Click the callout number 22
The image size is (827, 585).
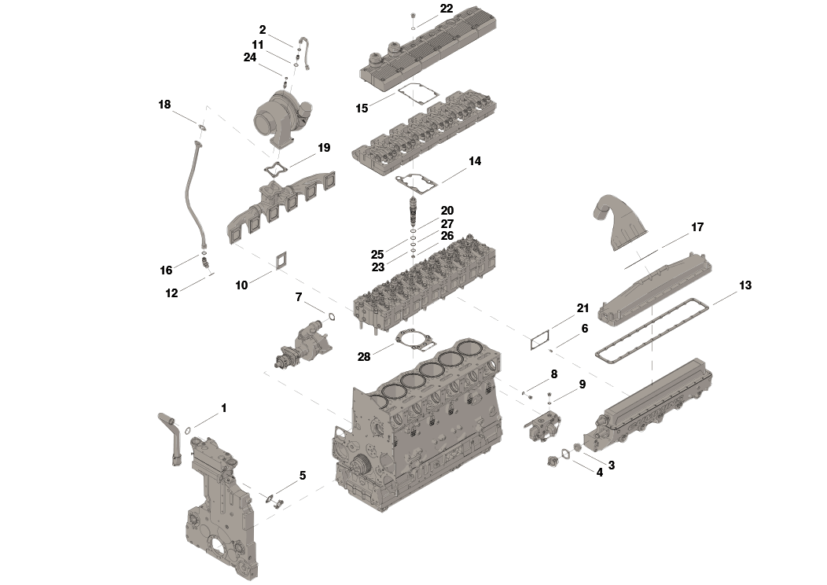(x=447, y=9)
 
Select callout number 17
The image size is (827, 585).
(x=697, y=227)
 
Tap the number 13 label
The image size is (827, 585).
(x=744, y=285)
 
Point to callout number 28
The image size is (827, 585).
(x=363, y=356)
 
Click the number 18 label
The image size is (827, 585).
(x=164, y=105)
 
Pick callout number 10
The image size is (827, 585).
(x=241, y=285)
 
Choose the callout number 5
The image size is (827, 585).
(x=302, y=476)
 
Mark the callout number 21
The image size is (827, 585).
(x=582, y=307)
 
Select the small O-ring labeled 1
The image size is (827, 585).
(x=189, y=430)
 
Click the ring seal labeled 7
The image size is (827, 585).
(x=331, y=317)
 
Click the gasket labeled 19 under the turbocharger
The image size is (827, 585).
(x=276, y=168)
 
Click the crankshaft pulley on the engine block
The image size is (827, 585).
(x=361, y=465)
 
